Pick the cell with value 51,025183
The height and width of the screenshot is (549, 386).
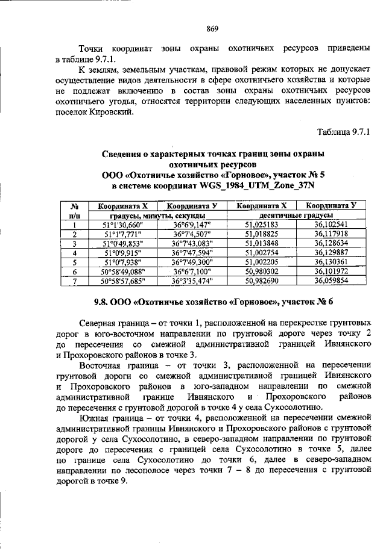pyautogui.click(x=261, y=225)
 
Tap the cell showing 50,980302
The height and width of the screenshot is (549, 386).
pyautogui.click(x=261, y=271)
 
